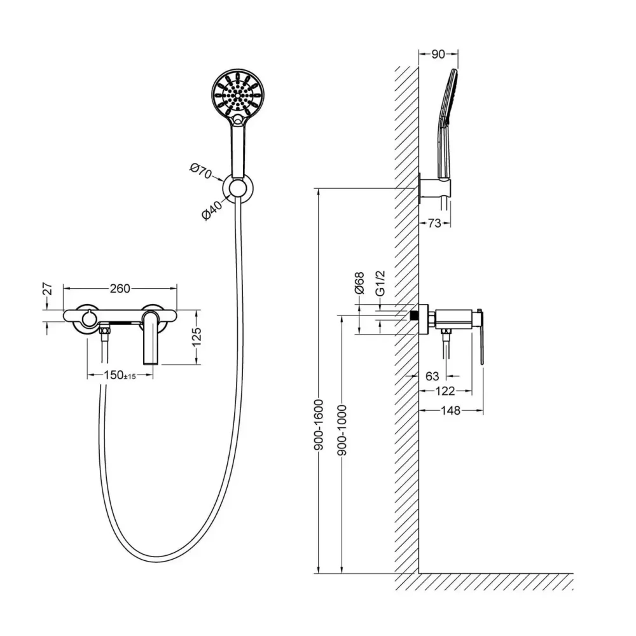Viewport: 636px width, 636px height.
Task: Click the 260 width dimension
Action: click(120, 288)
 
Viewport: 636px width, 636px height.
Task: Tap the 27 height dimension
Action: click(48, 289)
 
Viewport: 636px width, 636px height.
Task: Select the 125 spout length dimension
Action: click(197, 336)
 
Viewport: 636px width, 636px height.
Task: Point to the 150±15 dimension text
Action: click(120, 375)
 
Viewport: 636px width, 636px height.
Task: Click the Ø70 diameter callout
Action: click(201, 170)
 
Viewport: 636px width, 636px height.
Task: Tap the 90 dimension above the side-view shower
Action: click(438, 54)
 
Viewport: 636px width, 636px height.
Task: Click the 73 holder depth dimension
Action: click(434, 223)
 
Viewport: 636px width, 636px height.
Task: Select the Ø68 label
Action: click(359, 283)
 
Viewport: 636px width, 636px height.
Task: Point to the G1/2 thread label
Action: click(380, 284)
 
